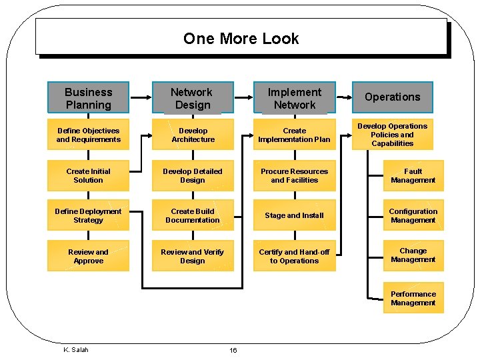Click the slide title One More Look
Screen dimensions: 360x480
(241, 39)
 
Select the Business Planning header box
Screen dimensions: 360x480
(89, 98)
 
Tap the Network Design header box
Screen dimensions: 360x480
(192, 98)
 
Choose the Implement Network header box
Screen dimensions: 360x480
(294, 98)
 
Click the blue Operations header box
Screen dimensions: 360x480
(392, 97)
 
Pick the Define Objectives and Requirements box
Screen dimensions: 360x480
(89, 135)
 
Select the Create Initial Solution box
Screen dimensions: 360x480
(89, 176)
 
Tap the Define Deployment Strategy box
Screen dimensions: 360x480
(89, 216)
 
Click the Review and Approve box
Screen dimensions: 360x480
(89, 257)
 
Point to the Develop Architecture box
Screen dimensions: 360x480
(193, 135)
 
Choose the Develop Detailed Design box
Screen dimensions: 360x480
(193, 176)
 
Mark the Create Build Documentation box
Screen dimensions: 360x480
(193, 216)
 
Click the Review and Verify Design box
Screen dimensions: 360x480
(193, 257)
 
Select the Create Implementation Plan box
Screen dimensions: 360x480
(294, 135)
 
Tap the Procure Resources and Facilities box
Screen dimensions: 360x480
(294, 176)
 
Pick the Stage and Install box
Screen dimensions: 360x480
(294, 216)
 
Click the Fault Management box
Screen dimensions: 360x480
(413, 176)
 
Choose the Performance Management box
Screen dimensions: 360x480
(413, 299)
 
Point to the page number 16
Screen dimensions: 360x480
(233, 351)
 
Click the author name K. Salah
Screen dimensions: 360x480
(75, 349)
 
